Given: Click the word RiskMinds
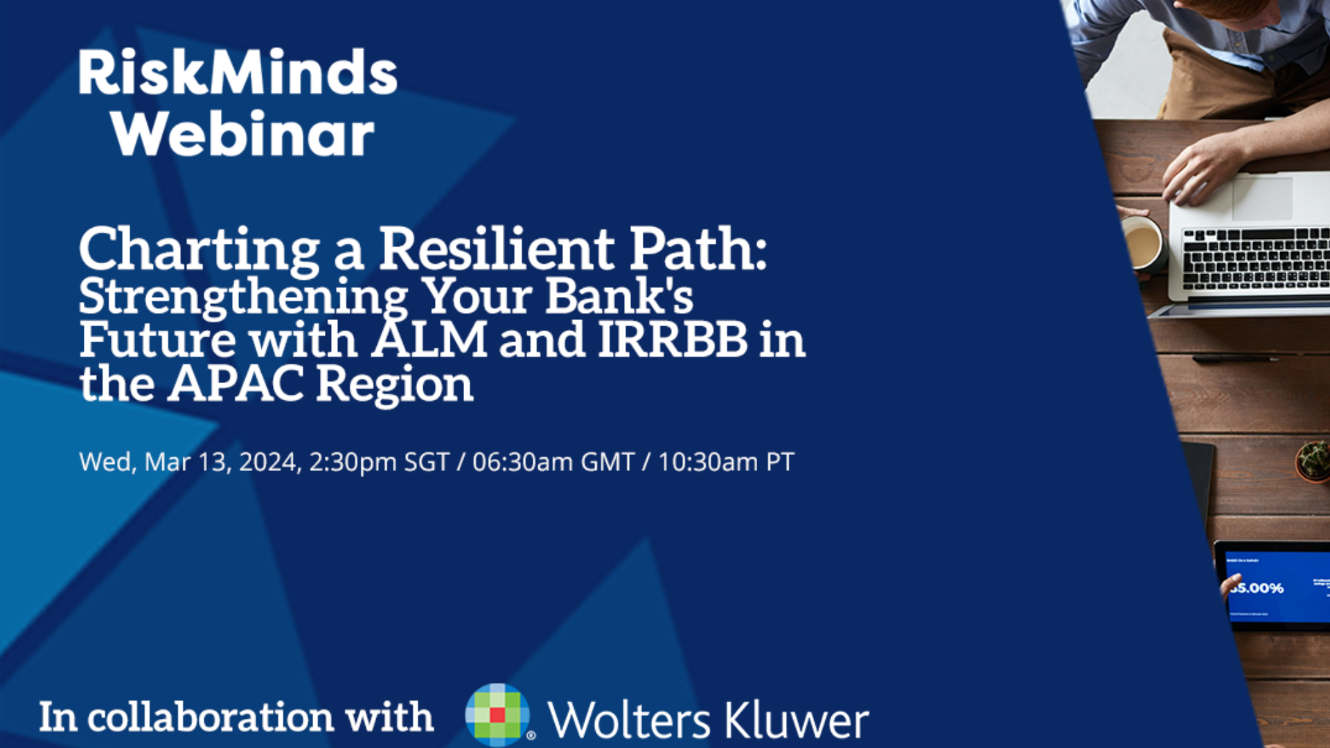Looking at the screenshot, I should pyautogui.click(x=238, y=73).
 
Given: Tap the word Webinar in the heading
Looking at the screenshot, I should pyautogui.click(x=242, y=134).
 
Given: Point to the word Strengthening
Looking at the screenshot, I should pyautogui.click(x=242, y=296).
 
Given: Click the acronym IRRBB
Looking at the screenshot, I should pyautogui.click(x=673, y=339).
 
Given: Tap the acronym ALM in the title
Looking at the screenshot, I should pyautogui.click(x=429, y=339).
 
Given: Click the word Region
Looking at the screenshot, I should pyautogui.click(x=395, y=384).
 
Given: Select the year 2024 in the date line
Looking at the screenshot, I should pyautogui.click(x=269, y=462).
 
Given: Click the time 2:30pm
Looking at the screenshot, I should pyautogui.click(x=353, y=462).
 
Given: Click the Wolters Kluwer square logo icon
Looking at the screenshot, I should pyautogui.click(x=497, y=715).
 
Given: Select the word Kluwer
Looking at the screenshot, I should pyautogui.click(x=797, y=720).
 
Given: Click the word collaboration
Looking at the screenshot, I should pyautogui.click(x=211, y=717).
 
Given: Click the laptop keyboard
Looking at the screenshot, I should pyautogui.click(x=1254, y=258).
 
